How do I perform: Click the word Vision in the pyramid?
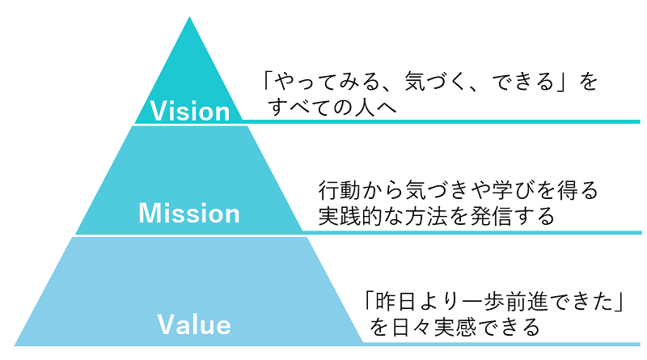click(x=191, y=110)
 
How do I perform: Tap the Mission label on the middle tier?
click(x=189, y=214)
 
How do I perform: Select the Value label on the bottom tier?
click(x=194, y=324)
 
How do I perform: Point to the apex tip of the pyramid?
click(x=191, y=18)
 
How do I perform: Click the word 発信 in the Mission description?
click(x=506, y=216)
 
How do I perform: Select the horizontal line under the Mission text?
click(x=469, y=231)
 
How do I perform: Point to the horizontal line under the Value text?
click(x=501, y=344)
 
